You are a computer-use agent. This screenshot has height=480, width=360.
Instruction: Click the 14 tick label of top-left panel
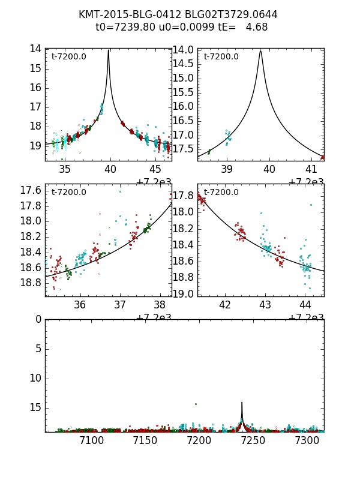coord(35,49)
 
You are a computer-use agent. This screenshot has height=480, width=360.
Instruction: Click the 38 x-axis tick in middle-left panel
coord(160,304)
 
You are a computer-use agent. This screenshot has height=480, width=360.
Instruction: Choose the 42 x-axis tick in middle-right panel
coord(225,304)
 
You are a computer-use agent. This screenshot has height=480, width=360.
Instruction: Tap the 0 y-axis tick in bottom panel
coord(38,319)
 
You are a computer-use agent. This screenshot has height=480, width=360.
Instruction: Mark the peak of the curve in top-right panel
coord(260,51)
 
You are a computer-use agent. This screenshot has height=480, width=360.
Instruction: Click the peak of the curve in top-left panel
coord(109,50)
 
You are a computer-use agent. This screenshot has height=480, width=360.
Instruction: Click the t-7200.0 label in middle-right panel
coord(221,192)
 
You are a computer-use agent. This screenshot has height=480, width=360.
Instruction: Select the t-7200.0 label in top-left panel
coord(69,56)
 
